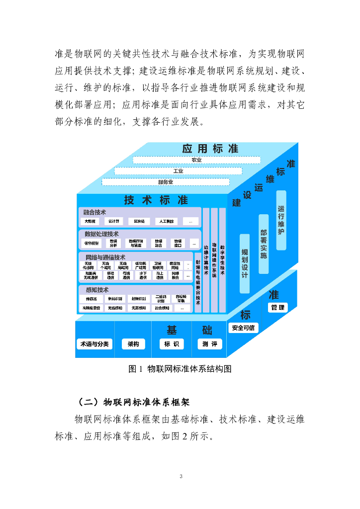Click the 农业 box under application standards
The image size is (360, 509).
tap(196, 160)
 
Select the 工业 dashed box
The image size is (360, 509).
tap(178, 171)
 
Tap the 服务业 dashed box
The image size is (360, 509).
tap(166, 182)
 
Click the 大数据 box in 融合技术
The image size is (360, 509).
tap(90, 221)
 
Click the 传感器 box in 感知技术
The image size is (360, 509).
tap(91, 299)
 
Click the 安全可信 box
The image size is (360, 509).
tap(243, 328)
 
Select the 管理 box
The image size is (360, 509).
tap(277, 308)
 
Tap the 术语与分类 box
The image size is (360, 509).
tap(94, 344)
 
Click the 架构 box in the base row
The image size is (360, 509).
tap(133, 344)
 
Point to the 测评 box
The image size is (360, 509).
tap(209, 344)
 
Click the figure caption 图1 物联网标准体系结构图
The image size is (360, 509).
tap(180, 369)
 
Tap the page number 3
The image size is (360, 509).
tap(181, 476)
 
